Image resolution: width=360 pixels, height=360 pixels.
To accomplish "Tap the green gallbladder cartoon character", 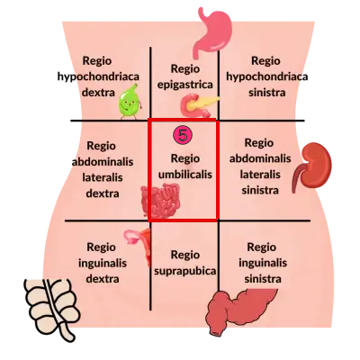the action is pyautogui.click(x=130, y=101).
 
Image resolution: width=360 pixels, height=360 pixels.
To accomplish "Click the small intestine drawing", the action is pyautogui.click(x=161, y=201).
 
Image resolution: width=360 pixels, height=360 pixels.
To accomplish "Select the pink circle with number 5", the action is pyautogui.click(x=183, y=135).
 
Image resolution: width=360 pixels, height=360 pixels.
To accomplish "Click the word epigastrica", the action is pyautogui.click(x=185, y=85).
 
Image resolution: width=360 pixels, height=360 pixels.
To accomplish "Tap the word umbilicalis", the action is pyautogui.click(x=185, y=175).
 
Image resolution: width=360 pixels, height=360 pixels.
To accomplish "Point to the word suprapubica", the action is pyautogui.click(x=184, y=271).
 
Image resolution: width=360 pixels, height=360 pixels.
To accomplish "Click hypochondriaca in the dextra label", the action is pyautogui.click(x=98, y=76).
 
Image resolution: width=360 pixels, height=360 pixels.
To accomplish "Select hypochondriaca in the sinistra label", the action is pyautogui.click(x=267, y=76).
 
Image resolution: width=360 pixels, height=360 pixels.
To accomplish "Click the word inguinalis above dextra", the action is pyautogui.click(x=103, y=264).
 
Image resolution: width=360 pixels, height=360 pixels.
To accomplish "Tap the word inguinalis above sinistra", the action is pyautogui.click(x=263, y=264).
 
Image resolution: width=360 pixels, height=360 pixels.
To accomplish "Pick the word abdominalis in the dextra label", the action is pyautogui.click(x=103, y=162).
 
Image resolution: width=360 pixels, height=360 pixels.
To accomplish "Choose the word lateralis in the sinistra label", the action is pyautogui.click(x=260, y=175).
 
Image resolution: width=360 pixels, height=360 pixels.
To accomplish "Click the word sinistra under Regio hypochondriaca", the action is pyautogui.click(x=267, y=93).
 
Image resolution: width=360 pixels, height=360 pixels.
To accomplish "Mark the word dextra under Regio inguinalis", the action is pyautogui.click(x=103, y=279).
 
